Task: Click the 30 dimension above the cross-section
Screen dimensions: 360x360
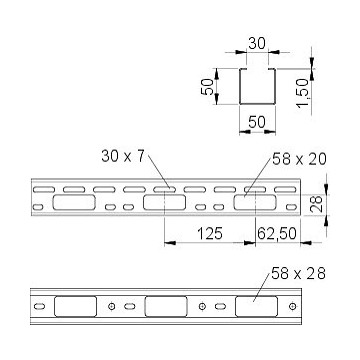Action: tap(257, 44)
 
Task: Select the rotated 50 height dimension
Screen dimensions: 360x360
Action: tap(207, 87)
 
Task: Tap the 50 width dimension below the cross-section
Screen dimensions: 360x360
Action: tap(257, 122)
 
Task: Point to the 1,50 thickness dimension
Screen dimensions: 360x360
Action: tap(302, 94)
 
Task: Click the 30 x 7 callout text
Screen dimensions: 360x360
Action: tap(123, 156)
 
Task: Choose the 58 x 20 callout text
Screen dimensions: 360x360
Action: tap(299, 159)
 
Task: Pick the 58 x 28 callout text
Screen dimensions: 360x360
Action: tap(298, 274)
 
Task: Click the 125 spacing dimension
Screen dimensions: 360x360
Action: tap(210, 234)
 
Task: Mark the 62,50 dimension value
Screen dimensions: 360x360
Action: tap(277, 234)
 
